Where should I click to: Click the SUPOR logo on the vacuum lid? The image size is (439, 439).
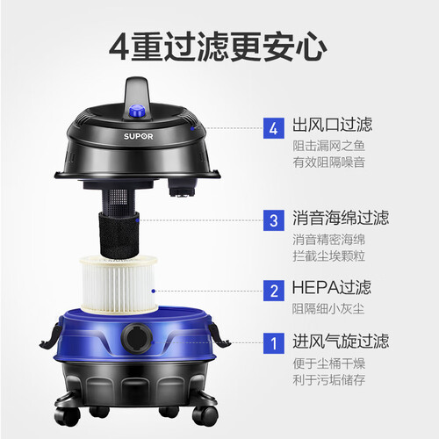pyautogui.click(x=138, y=136)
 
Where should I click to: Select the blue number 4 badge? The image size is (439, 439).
pyautogui.click(x=274, y=128)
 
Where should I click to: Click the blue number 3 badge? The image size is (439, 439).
pyautogui.click(x=274, y=220)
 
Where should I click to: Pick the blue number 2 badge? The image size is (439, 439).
pyautogui.click(x=274, y=291)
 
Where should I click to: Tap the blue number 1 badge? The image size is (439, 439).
pyautogui.click(x=274, y=343)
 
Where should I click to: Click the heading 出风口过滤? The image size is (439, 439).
pyautogui.click(x=333, y=125)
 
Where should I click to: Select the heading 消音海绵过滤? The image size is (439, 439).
pyautogui.click(x=341, y=218)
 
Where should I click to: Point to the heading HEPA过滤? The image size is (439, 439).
pyautogui.click(x=332, y=287)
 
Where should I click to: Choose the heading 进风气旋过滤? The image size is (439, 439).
pyautogui.click(x=341, y=341)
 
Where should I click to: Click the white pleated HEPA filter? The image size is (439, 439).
pyautogui.click(x=119, y=284)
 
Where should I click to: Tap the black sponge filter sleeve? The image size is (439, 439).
pyautogui.click(x=119, y=234)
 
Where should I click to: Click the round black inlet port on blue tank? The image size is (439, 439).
pyautogui.click(x=137, y=338)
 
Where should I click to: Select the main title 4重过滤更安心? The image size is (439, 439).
pyautogui.click(x=218, y=47)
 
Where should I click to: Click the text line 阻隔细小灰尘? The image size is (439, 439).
pyautogui.click(x=328, y=309)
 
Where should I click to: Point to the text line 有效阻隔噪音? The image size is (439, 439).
pyautogui.click(x=329, y=162)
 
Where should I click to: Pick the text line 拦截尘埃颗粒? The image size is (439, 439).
pyautogui.click(x=329, y=255)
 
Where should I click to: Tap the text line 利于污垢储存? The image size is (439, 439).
pyautogui.click(x=329, y=379)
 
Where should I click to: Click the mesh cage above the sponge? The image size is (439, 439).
pyautogui.click(x=119, y=201)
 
